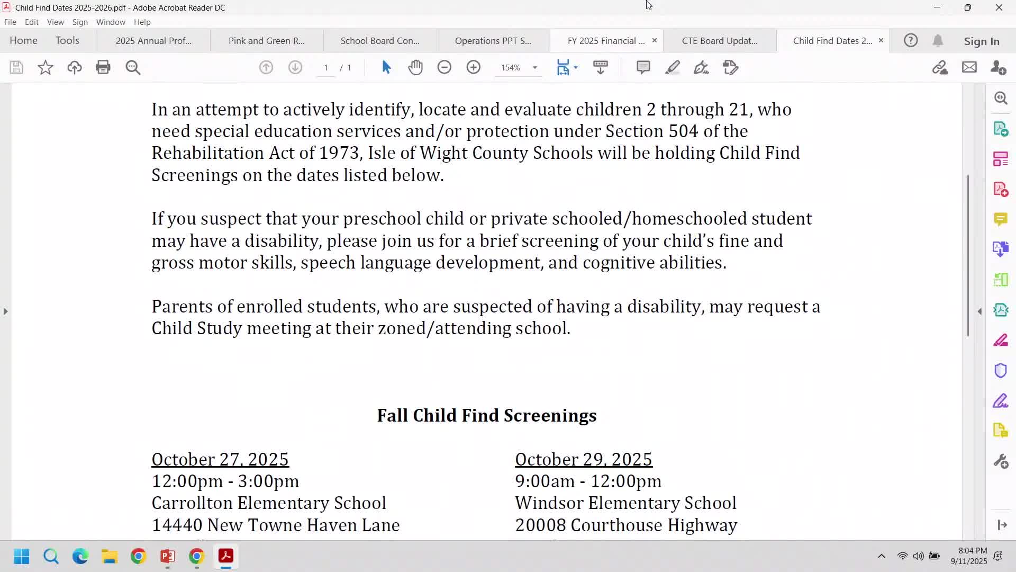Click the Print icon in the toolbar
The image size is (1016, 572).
pos(103,67)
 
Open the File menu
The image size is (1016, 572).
pos(10,22)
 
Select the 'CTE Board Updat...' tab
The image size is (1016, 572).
pos(719,41)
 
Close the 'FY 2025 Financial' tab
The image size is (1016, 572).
pos(654,40)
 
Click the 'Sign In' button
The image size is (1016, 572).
pos(981,41)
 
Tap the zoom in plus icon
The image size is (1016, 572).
pos(473,67)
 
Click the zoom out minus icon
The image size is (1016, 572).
pos(444,67)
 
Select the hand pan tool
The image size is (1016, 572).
pos(415,67)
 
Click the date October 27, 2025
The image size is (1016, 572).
pos(220,459)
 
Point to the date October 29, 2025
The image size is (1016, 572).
pos(584,459)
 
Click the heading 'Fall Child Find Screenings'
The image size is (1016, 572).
pos(486,416)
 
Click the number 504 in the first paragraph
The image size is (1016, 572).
pos(683,131)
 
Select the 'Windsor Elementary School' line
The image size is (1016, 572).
pos(625,503)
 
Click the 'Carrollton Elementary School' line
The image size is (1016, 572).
pos(269,503)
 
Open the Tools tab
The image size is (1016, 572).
pos(67,41)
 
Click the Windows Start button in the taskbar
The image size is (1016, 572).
pos(22,556)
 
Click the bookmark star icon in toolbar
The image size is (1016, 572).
pos(46,67)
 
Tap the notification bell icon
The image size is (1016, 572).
pos(938,41)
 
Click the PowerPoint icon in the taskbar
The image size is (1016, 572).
pos(167,556)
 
